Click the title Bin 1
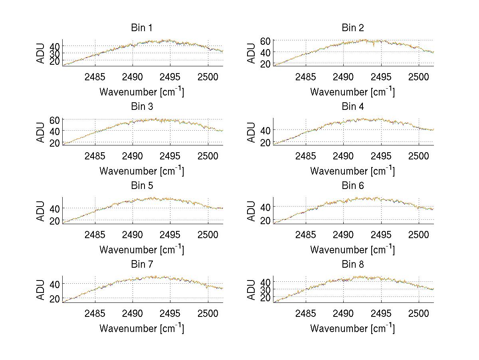point(142,28)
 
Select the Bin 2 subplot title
point(352,28)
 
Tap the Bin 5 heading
point(142,186)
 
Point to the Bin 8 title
point(352,265)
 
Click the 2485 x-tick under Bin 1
point(95,77)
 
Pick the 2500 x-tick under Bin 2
point(418,77)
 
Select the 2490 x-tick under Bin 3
point(133,155)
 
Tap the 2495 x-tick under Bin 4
point(381,155)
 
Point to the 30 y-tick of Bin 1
point(55,53)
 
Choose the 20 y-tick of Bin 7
point(55,298)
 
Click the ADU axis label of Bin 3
point(41,132)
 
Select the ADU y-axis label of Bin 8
point(252,290)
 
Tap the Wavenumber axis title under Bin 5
point(142,249)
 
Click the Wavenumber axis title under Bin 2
point(352,91)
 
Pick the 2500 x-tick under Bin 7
point(208,313)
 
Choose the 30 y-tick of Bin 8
point(266,289)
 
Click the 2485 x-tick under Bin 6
point(306,235)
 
